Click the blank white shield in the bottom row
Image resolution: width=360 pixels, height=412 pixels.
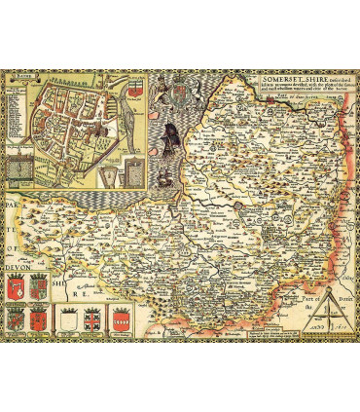[x=67, y=316]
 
